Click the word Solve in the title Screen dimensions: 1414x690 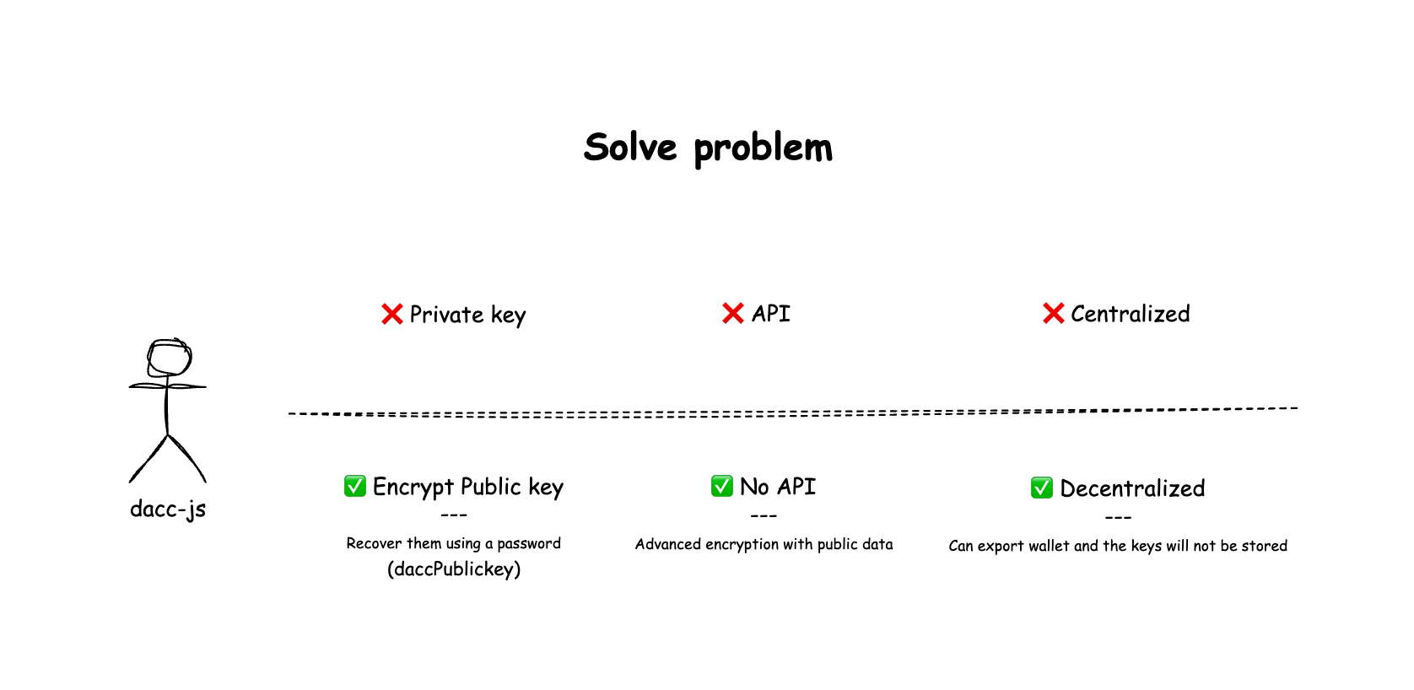tap(630, 147)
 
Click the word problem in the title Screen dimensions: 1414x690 tap(764, 149)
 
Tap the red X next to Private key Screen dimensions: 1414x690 tap(392, 314)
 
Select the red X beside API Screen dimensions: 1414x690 tap(733, 313)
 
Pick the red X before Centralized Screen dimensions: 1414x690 tap(1054, 313)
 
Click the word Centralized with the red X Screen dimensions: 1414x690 tap(1130, 314)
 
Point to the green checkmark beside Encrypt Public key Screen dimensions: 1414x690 tap(354, 486)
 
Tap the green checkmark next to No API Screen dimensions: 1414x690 tap(721, 486)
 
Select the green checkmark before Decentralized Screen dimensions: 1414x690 tap(1042, 488)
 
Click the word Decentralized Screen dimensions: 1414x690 tap(1132, 488)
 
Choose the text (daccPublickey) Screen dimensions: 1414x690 tap(454, 569)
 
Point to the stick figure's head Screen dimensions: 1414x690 tap(170, 358)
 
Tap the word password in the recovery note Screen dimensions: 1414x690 tap(529, 544)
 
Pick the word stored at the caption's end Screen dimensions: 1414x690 tap(1265, 546)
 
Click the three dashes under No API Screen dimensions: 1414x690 tap(764, 516)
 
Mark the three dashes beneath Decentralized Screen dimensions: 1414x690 tap(1118, 518)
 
